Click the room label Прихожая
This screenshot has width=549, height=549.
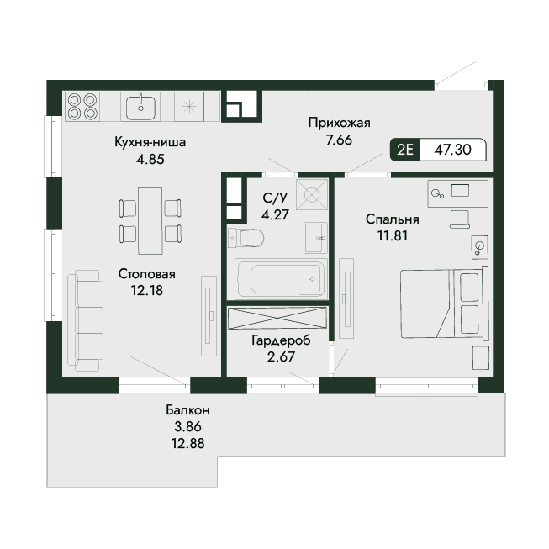pos(339,123)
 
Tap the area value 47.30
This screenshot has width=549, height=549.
pos(452,150)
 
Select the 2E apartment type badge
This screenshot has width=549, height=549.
pos(405,150)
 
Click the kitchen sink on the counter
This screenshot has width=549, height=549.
pos(140,107)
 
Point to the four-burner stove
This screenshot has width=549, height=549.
pos(82,107)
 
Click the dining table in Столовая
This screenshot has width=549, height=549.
pos(150,221)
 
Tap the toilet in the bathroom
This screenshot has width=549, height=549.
pos(245,238)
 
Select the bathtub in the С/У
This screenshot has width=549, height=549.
pos(281,278)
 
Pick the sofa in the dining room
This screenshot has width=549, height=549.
pos(86,320)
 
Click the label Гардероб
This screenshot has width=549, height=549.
pos(281,340)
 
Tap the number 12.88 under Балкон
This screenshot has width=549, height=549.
pos(188,444)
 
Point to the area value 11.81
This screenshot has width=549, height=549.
pos(393,235)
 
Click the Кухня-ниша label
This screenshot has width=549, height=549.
pos(150,142)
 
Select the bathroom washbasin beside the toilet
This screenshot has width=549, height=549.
pos(316,238)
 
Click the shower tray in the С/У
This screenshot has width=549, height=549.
pos(312,194)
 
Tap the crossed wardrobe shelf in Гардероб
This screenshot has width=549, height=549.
pos(277,318)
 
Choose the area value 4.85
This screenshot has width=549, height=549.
pos(150,159)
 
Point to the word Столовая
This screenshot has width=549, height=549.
pos(146,274)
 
